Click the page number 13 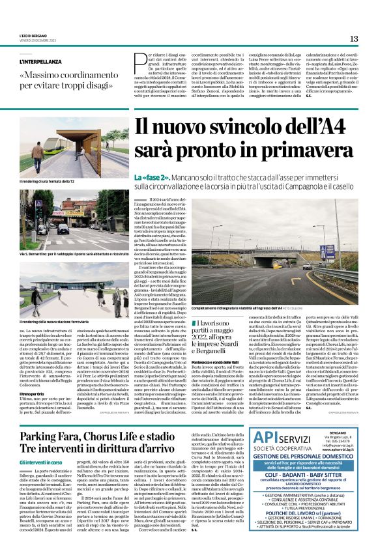point(353,38)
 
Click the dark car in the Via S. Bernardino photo point(63,229)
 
